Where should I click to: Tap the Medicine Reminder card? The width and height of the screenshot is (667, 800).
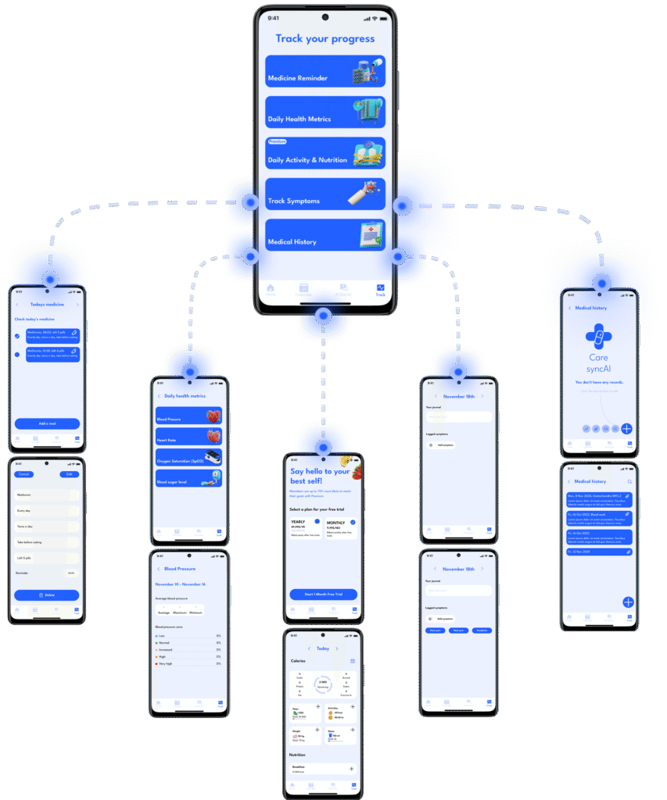[x=325, y=71]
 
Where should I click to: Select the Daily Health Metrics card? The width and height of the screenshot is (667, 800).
[x=325, y=112]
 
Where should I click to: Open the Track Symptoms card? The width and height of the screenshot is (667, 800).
[x=325, y=194]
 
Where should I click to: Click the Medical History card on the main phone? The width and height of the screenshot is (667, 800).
[x=325, y=235]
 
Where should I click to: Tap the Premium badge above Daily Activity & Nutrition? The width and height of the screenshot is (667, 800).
[x=277, y=142]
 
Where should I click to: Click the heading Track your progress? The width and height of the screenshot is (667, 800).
[x=325, y=38]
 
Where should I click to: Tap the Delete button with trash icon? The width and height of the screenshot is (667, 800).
[x=47, y=595]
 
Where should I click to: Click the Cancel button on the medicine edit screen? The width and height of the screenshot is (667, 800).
[x=24, y=474]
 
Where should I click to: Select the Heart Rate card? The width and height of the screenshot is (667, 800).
[x=188, y=437]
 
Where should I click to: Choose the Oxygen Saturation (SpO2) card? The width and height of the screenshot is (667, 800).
[x=188, y=458]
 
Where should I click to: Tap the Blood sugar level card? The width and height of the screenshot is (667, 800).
[x=188, y=478]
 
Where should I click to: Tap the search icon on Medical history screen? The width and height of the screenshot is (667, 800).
[x=629, y=481]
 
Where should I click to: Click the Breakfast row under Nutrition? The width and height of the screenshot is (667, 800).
[x=323, y=770]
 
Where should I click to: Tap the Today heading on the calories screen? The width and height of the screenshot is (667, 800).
[x=323, y=648]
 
